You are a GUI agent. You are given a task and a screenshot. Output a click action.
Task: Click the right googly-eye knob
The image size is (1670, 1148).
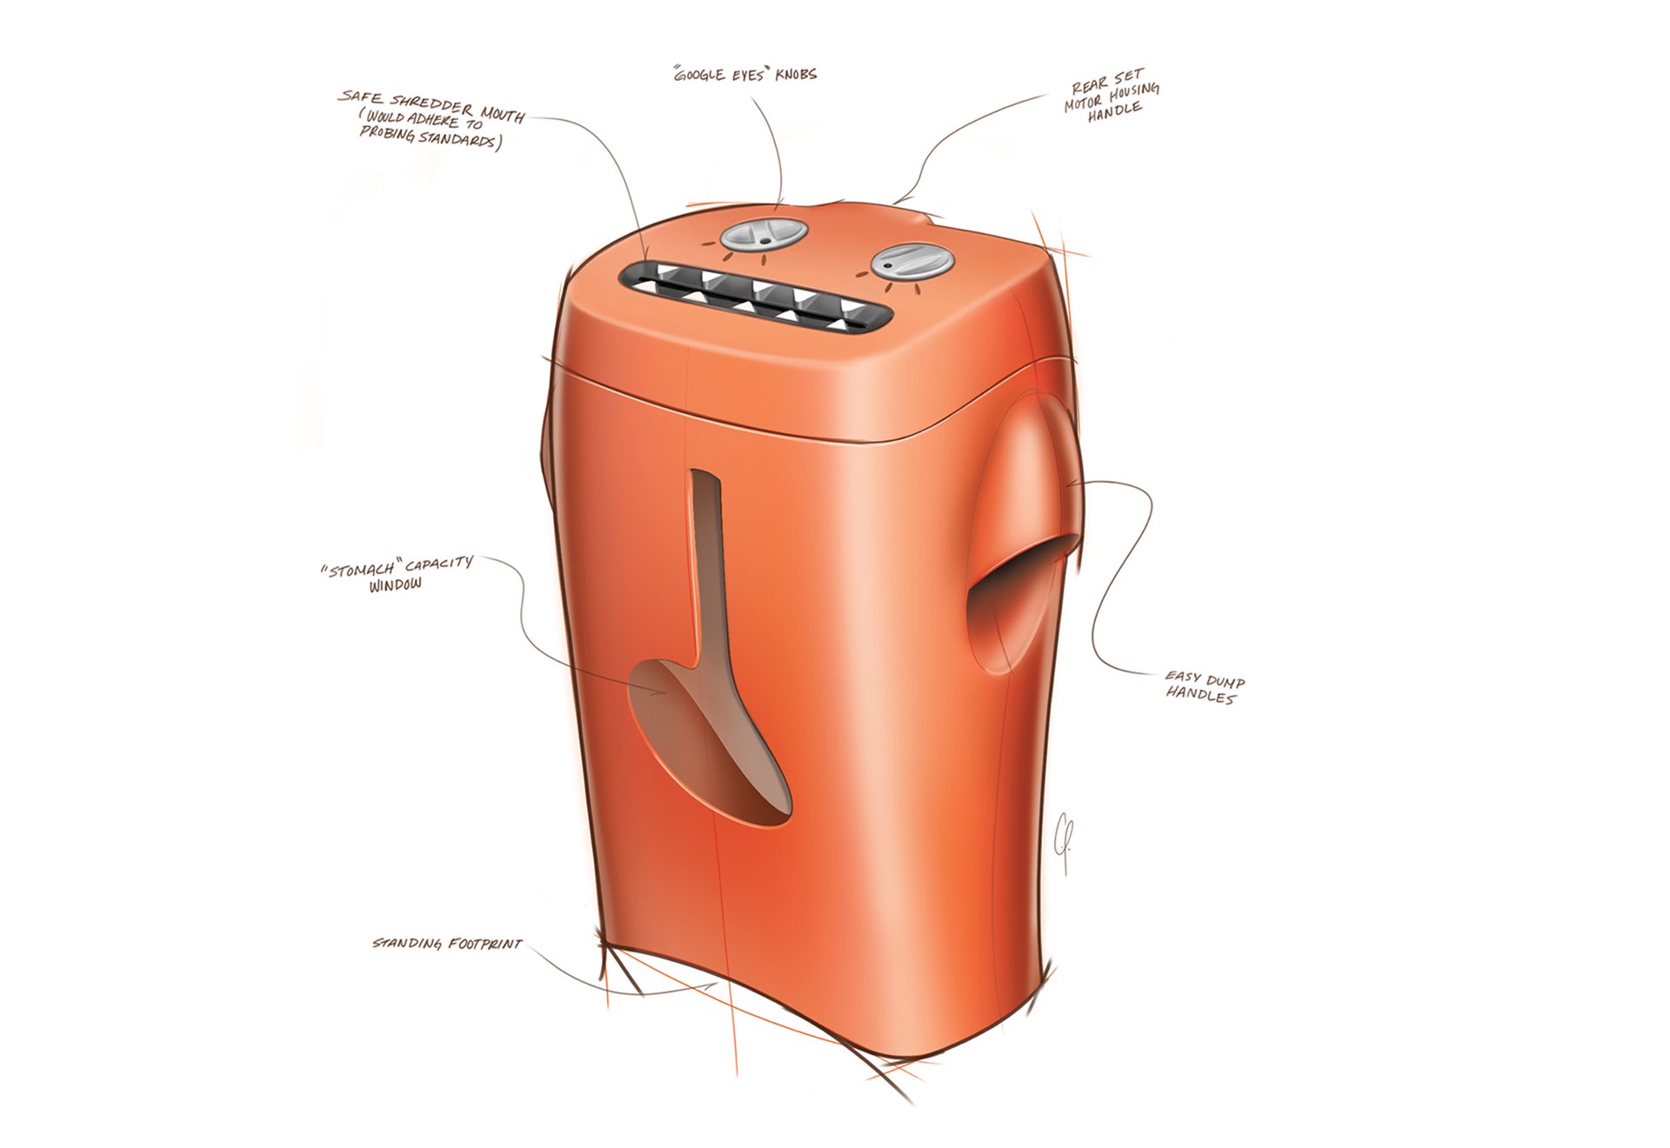click(x=912, y=260)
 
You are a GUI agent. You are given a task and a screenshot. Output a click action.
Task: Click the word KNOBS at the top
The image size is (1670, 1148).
click(x=796, y=75)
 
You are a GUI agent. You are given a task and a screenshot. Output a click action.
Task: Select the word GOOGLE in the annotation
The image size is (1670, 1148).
click(x=700, y=75)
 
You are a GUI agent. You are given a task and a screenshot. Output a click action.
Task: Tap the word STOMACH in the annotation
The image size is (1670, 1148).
click(x=361, y=571)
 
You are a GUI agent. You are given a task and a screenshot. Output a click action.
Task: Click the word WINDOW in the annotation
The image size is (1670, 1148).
click(x=395, y=585)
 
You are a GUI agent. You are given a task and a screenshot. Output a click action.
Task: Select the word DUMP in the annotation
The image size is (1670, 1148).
click(x=1225, y=681)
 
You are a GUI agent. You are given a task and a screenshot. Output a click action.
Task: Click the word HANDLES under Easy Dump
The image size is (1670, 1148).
click(x=1200, y=695)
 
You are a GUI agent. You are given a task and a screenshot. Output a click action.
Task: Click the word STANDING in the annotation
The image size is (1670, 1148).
click(x=407, y=944)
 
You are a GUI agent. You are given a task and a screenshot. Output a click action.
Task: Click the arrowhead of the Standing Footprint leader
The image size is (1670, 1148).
click(x=715, y=985)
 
